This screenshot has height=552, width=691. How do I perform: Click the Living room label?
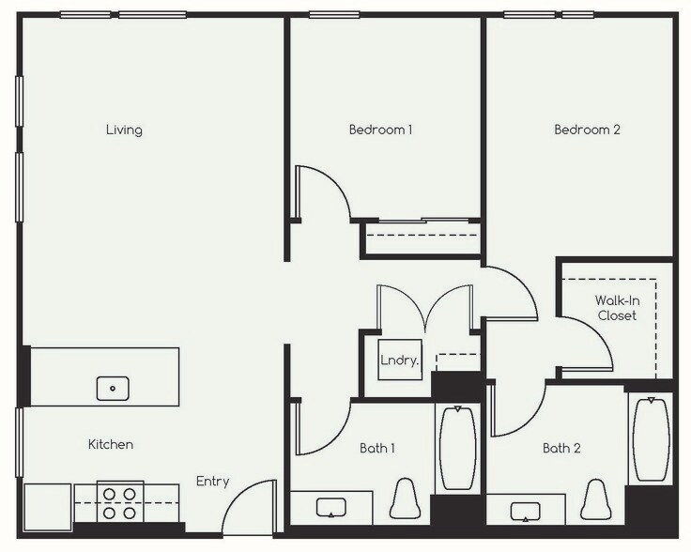[124, 130]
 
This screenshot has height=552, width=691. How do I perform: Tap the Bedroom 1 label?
[380, 130]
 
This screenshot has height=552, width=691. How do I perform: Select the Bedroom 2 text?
[587, 130]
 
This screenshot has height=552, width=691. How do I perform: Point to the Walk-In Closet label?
[617, 308]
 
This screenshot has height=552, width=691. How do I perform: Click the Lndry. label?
[399, 360]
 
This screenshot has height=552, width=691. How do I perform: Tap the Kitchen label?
[111, 444]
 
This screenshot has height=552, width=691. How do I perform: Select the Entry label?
[212, 482]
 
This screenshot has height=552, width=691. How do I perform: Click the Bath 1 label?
[376, 448]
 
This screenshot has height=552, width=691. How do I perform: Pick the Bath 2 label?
[561, 448]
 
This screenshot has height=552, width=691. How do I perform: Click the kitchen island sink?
[113, 387]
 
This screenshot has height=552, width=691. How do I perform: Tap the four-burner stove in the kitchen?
[119, 502]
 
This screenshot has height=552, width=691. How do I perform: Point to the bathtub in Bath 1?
[457, 448]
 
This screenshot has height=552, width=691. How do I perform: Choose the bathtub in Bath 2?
[651, 439]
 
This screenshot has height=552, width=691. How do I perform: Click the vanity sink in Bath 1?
[331, 508]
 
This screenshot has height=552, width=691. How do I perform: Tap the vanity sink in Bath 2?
[526, 511]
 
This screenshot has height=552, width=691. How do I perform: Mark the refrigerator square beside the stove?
[47, 507]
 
